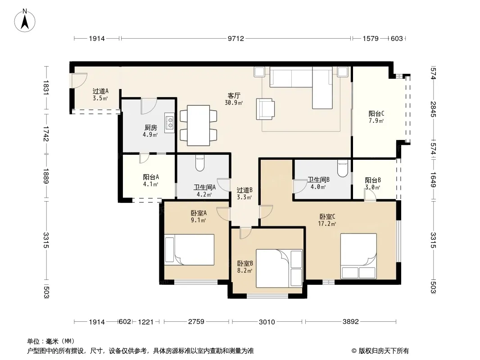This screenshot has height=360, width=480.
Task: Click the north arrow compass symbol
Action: click(25, 20)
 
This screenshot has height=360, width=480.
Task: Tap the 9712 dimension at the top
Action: click(235, 39)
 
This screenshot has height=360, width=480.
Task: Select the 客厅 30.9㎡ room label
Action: click(234, 99)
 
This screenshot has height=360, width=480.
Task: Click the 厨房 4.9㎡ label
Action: click(150, 131)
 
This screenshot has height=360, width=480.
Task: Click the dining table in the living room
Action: click(199, 126)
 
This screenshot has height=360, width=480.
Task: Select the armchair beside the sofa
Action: click(265, 109)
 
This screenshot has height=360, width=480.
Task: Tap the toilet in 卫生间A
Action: click(199, 164)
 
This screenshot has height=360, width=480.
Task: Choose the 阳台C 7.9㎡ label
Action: click(376, 117)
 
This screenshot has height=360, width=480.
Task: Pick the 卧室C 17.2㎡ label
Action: click(327, 220)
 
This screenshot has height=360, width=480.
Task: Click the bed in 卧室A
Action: click(189, 250)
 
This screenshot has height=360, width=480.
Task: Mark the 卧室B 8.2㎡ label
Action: click(245, 267)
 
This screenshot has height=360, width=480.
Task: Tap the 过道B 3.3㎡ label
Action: click(245, 193)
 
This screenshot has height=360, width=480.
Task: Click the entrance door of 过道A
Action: click(79, 81)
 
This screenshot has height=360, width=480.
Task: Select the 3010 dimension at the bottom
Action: click(267, 322)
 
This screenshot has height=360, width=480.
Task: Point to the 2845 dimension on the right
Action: click(433, 109)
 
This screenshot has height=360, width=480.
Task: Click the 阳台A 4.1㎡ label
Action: click(150, 180)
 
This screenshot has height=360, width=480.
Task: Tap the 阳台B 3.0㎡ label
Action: click(372, 184)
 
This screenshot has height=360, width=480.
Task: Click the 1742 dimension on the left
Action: click(46, 134)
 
